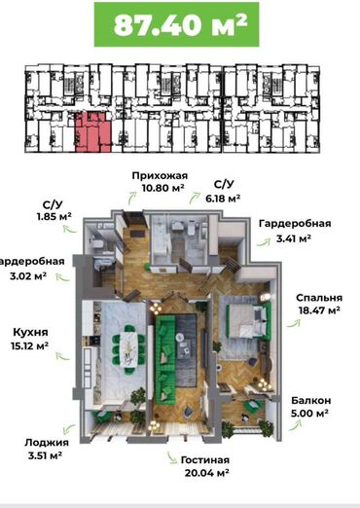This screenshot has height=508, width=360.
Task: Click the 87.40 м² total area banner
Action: click(x=177, y=24)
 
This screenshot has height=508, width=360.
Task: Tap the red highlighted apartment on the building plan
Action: click(x=93, y=132)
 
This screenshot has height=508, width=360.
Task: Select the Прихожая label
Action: click(x=160, y=176)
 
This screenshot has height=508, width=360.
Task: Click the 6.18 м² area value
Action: click(x=223, y=198)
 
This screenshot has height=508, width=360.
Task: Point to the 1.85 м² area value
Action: click(x=54, y=217)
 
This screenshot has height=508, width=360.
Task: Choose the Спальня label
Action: click(x=319, y=298)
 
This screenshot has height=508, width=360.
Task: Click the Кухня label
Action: click(x=30, y=332)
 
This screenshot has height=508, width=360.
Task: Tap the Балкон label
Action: click(x=311, y=400)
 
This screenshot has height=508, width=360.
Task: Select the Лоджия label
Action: click(x=47, y=443)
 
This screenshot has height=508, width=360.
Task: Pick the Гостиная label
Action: click(x=205, y=460)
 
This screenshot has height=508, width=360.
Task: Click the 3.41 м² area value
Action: click(x=294, y=238)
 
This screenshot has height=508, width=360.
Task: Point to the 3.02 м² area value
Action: click(x=28, y=276)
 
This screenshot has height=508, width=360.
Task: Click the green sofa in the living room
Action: click(x=165, y=358)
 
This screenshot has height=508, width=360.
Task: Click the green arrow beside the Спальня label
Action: click(x=294, y=323)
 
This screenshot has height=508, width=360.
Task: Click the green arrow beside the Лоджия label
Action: click(x=69, y=429)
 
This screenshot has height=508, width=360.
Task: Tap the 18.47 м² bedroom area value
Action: click(x=319, y=310)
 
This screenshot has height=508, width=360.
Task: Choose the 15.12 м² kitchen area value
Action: click(x=30, y=345)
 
